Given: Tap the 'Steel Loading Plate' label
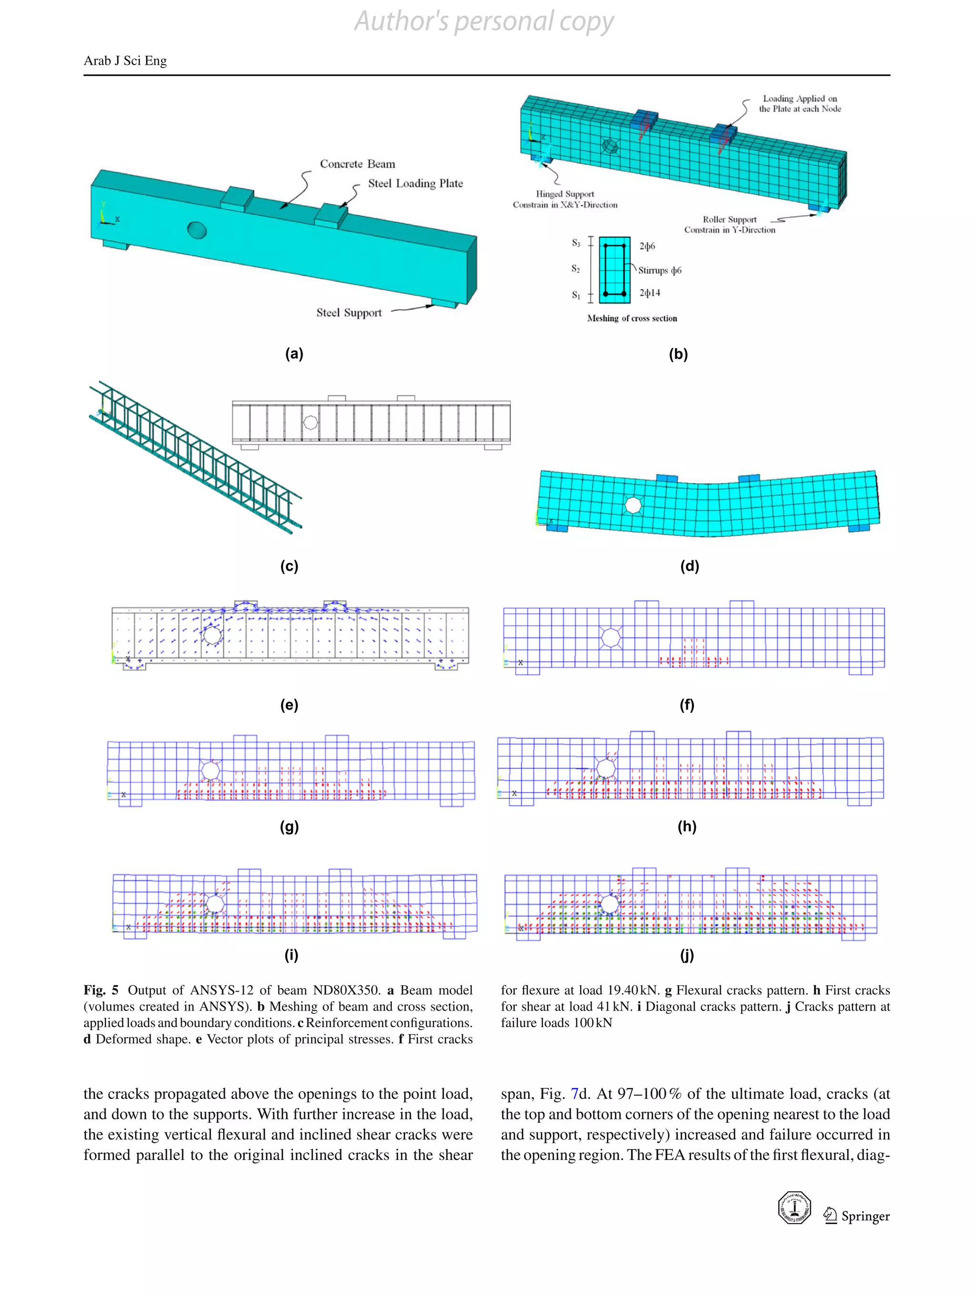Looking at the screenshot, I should pos(415,183).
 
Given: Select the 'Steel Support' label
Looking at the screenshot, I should pos(349,312).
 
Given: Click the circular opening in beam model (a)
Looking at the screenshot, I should pos(197,229).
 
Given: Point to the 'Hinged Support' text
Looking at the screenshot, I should pos(565,194).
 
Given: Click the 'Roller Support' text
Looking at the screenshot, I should pos(729,219).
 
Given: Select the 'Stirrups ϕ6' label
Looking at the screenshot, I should pos(659,270).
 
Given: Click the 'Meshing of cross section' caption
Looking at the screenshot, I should pos(632,318).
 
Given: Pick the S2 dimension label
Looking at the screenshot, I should pos(575,269).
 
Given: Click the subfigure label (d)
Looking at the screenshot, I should pos(689,566).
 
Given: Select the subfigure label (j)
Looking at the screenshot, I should pos(687,955).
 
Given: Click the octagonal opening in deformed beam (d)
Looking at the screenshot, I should pos(633,505).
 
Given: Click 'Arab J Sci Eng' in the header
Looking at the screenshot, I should pos(125,61).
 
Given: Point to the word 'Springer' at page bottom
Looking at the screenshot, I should pos(865,1216).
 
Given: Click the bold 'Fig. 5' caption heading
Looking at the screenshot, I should pos(101,990).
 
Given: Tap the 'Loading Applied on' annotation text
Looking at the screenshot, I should pos(799,98).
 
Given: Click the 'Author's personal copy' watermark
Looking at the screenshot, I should pos(484,22).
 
